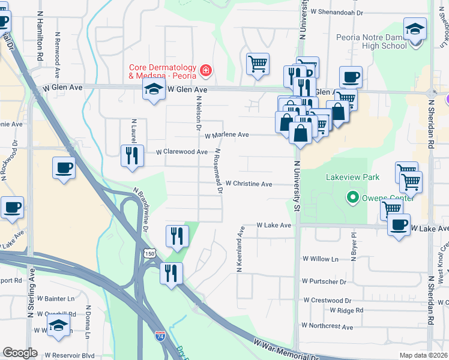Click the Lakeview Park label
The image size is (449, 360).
[352, 178]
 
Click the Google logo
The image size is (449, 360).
[20, 353]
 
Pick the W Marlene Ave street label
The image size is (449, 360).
[226, 135]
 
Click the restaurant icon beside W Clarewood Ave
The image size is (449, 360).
[130, 155]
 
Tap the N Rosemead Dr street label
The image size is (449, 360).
[219, 171]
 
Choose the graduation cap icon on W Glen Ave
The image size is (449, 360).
[154, 90]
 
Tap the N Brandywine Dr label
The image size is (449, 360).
[142, 209]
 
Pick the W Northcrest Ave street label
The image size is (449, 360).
[328, 326]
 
